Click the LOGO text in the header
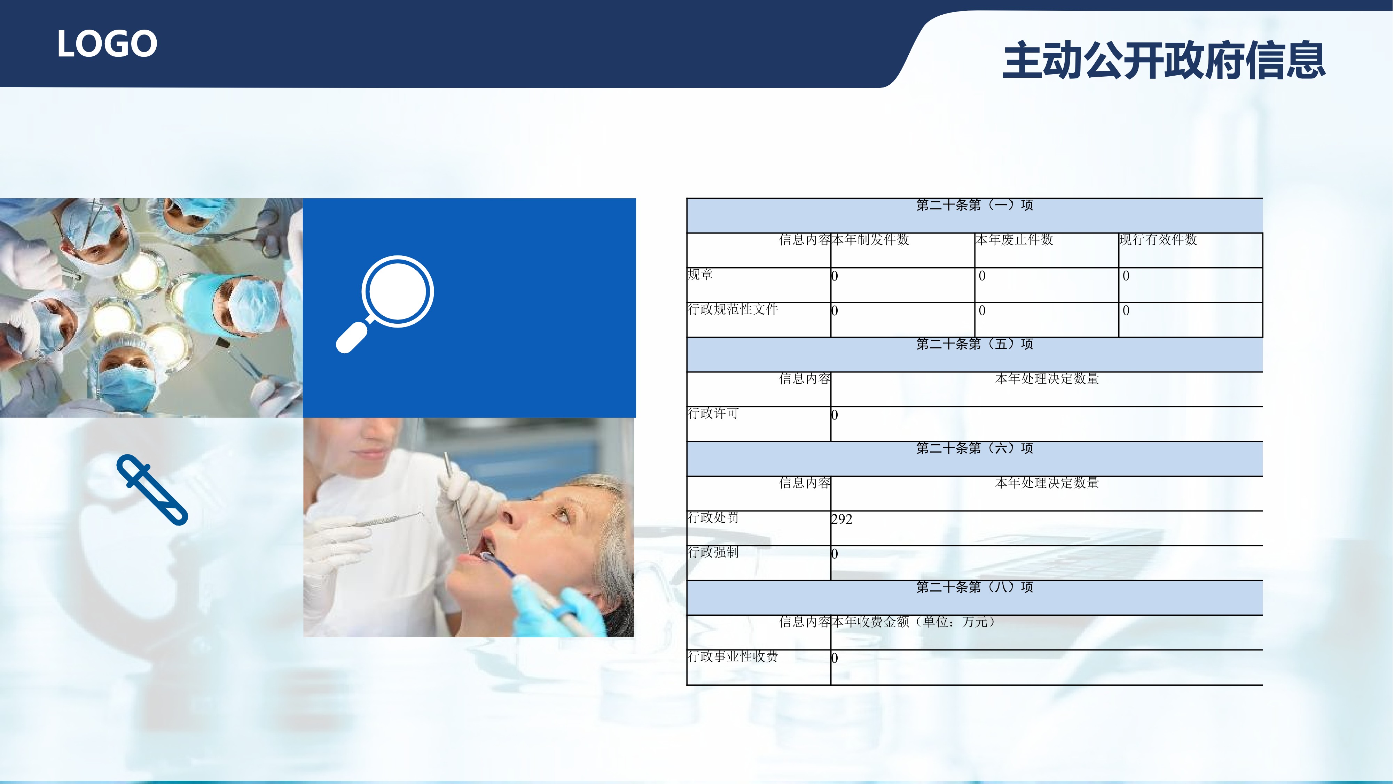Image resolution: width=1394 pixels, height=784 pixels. click(x=107, y=44)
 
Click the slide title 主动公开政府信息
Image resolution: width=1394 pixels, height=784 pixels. click(x=1164, y=60)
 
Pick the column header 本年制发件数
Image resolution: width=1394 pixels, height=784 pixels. click(x=870, y=240)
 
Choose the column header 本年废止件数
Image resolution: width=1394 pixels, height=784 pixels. click(x=1014, y=240)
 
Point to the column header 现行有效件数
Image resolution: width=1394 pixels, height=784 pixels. click(x=1158, y=240)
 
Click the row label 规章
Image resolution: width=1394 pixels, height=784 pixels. click(x=700, y=275)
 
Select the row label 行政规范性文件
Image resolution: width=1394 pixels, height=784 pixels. click(x=733, y=309)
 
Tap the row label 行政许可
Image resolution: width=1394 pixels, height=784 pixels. click(x=713, y=413)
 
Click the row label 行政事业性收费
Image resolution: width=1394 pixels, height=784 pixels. click(x=733, y=656)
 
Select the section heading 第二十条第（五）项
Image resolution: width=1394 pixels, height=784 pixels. click(x=974, y=344)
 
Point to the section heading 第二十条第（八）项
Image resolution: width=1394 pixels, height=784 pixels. click(x=974, y=587)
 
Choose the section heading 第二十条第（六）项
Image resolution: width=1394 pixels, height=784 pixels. click(x=974, y=448)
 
